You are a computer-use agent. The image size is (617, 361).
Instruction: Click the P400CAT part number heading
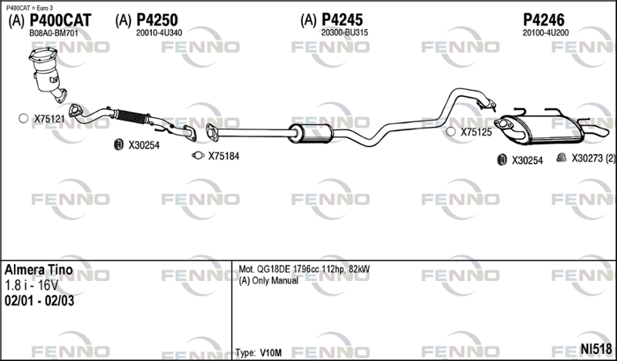[61, 20]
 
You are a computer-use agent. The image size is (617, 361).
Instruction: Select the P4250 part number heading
[157, 20]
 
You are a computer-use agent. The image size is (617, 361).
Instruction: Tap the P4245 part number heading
[342, 20]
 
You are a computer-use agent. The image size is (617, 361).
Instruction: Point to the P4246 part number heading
[544, 20]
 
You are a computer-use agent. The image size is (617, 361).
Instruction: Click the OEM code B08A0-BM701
[54, 33]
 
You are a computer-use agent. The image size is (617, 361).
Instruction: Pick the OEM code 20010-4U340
[159, 33]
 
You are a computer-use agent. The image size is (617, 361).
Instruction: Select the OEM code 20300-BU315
[345, 32]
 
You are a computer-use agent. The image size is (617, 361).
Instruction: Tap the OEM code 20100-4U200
[545, 33]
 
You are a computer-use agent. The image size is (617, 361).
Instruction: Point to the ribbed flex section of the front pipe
[132, 117]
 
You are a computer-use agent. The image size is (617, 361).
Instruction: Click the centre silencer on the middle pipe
[311, 133]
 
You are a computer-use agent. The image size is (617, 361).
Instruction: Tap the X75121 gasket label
[49, 119]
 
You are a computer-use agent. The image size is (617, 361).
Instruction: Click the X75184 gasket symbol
[198, 155]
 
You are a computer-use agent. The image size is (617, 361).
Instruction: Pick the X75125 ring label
[476, 132]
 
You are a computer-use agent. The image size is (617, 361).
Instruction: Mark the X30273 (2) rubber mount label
[593, 159]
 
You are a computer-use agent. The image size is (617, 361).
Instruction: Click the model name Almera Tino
[39, 270]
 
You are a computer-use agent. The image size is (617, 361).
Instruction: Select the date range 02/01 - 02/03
[39, 301]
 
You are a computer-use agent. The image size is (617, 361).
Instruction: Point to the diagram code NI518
[596, 349]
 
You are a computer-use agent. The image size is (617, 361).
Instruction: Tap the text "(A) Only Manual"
[268, 281]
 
